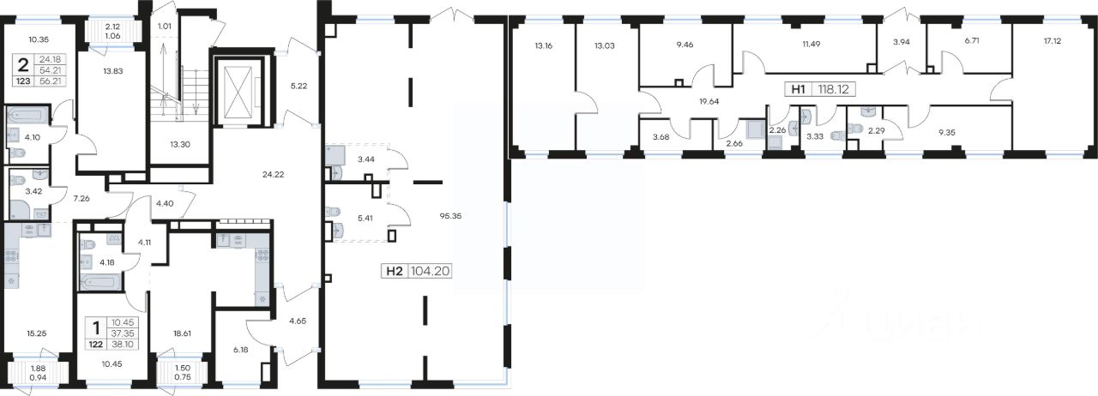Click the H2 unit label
pyautogui.click(x=395, y=271)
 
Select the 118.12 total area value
pyautogui.click(x=833, y=90)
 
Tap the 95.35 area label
pyautogui.click(x=450, y=216)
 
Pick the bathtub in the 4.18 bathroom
pyautogui.click(x=100, y=282)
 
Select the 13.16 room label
pyautogui.click(x=544, y=46)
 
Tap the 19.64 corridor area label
pyautogui.click(x=709, y=102)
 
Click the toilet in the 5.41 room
pyautogui.click(x=334, y=212)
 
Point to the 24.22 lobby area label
pyautogui.click(x=274, y=174)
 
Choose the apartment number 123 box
pyautogui.click(x=23, y=81)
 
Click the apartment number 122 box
pyautogui.click(x=96, y=344)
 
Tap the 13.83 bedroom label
pyautogui.click(x=112, y=71)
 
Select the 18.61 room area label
pyautogui.click(x=182, y=333)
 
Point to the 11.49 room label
pyautogui.click(x=811, y=44)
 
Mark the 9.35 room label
pyautogui.click(x=946, y=132)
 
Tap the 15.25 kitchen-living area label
pyautogui.click(x=37, y=333)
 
